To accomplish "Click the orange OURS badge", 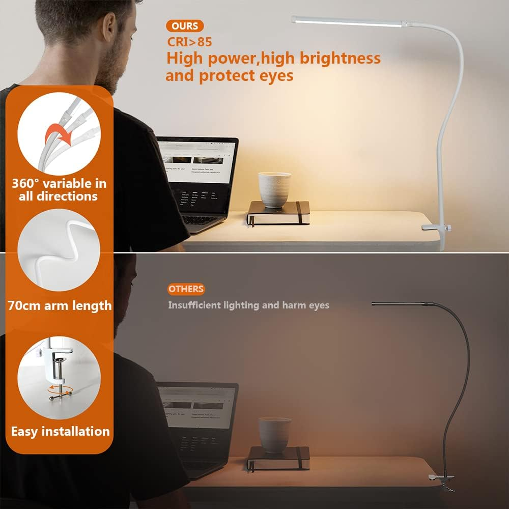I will point(185,26).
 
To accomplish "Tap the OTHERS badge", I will point(186,289).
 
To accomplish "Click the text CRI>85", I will point(189,41).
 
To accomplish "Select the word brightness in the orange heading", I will point(340,58).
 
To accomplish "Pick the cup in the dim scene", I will point(274,434).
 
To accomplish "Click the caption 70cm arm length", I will point(60,306).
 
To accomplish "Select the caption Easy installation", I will point(60,432).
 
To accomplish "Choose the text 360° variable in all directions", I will point(59,190).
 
